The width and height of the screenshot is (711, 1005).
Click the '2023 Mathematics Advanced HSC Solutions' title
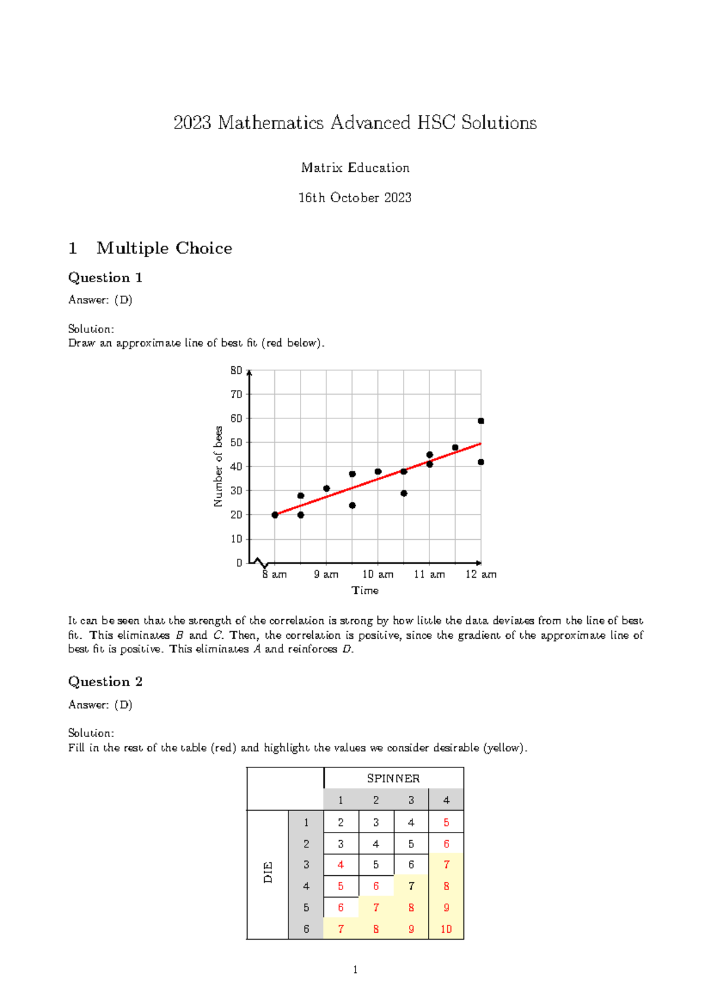[355, 123]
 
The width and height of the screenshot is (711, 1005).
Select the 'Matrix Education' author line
[355, 168]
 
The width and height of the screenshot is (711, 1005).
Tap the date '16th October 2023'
[355, 198]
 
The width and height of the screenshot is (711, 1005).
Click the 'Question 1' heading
[105, 277]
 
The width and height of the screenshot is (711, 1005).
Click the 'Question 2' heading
[105, 681]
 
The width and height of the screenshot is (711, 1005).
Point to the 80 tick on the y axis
[236, 370]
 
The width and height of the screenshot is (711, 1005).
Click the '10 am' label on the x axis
[378, 574]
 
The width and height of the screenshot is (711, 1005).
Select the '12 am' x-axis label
[481, 574]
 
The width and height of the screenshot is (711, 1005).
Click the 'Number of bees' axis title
[218, 466]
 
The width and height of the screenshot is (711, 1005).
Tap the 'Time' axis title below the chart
[365, 590]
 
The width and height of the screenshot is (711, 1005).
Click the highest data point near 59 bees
[481, 421]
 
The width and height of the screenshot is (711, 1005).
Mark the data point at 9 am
[326, 488]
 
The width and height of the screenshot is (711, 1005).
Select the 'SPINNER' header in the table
[393, 778]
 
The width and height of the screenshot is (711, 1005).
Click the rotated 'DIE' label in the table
[268, 873]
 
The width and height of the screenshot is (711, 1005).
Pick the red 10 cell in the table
[446, 929]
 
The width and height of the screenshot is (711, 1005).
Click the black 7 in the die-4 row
[411, 886]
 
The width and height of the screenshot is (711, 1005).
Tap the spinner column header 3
[411, 800]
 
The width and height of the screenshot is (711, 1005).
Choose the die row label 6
[306, 929]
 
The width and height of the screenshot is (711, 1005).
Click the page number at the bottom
[355, 970]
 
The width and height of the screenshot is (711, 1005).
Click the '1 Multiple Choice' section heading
[150, 248]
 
